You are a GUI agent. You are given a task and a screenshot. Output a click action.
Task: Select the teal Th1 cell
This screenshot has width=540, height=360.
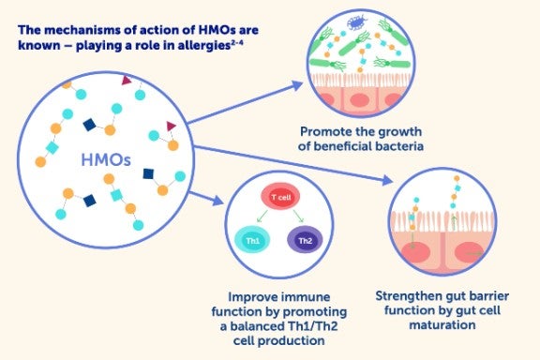pyautogui.click(x=253, y=240)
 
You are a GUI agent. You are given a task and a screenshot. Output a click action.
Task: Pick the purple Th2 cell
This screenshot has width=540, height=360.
pyautogui.click(x=306, y=240)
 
